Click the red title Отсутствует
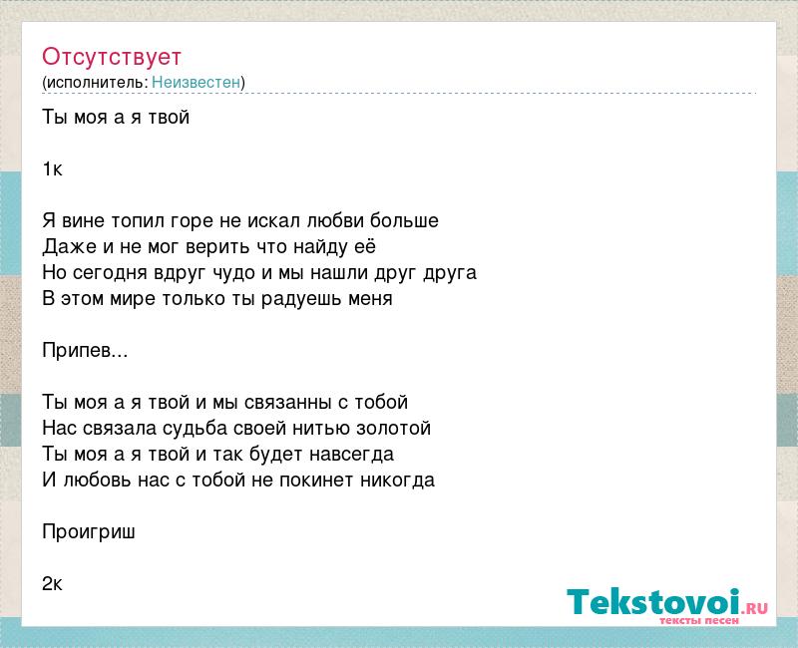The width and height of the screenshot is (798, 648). (x=112, y=57)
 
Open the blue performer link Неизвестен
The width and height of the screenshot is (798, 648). (x=196, y=82)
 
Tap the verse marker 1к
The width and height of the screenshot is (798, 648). (x=52, y=168)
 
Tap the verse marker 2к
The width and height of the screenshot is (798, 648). (x=52, y=584)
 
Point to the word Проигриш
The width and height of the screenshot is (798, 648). (x=89, y=532)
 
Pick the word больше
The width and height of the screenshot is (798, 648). (x=404, y=220)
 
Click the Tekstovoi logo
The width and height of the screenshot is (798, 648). (x=666, y=604)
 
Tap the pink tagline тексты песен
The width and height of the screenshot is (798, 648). (x=699, y=620)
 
